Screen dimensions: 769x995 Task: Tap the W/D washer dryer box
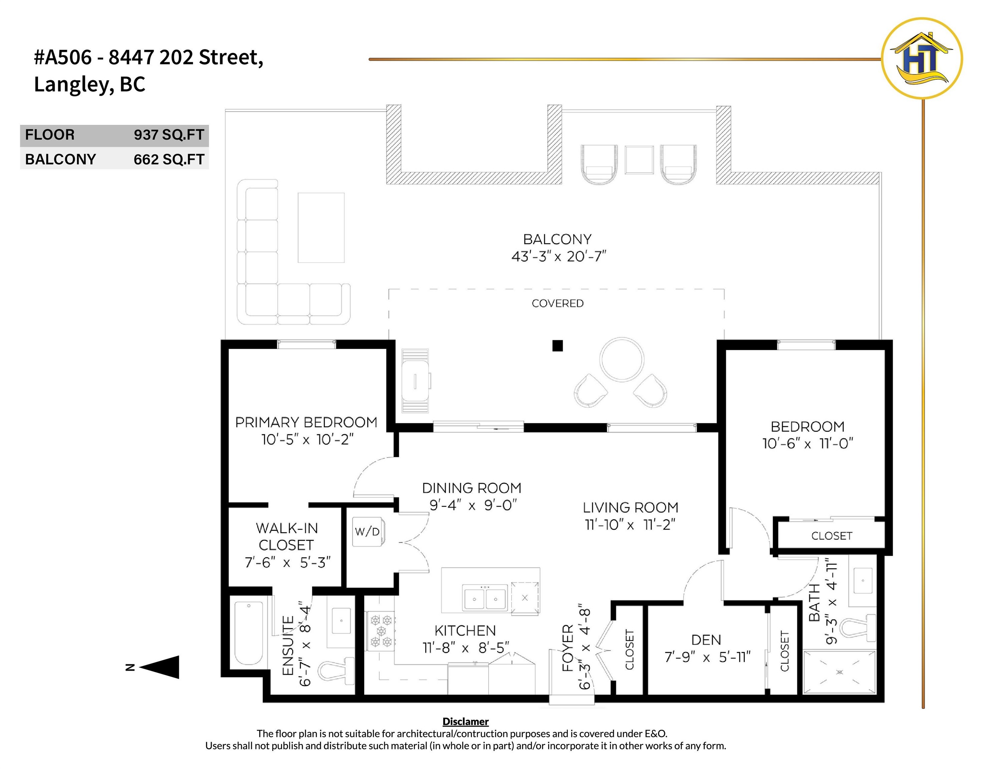pos(367,531)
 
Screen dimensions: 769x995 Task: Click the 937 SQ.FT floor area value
pos(169,135)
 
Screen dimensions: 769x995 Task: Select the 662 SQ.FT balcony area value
pos(169,160)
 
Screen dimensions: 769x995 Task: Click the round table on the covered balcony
pos(622,359)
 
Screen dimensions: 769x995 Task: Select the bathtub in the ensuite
pos(249,633)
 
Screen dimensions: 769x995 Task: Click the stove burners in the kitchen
pos(381,631)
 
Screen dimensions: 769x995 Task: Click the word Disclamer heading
pos(465,722)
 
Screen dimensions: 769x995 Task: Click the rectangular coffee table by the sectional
pos(321,228)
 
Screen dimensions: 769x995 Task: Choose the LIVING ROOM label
pos(630,508)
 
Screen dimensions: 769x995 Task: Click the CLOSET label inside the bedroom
pos(831,536)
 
